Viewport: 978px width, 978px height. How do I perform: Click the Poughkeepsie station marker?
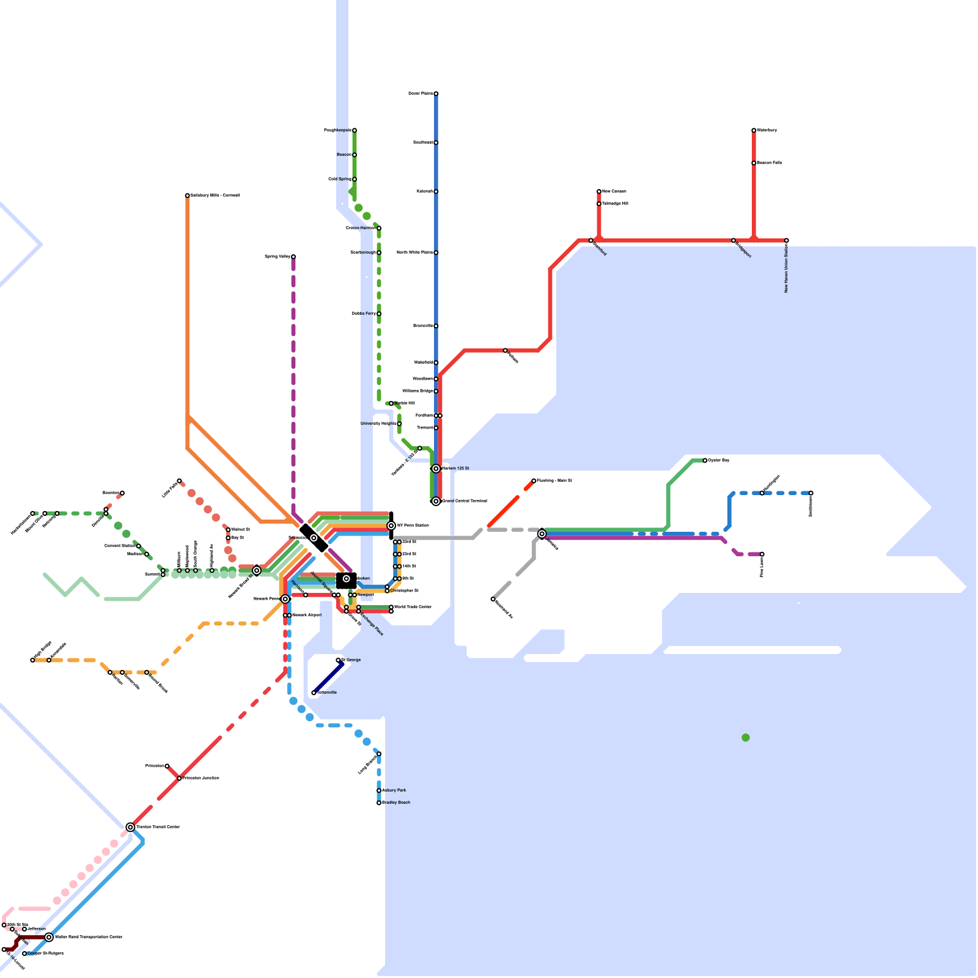[x=355, y=130]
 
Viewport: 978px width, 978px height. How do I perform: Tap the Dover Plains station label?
[x=420, y=94]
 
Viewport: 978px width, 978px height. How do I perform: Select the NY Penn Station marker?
[x=391, y=526]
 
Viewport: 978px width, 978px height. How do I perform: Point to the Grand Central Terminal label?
[x=465, y=501]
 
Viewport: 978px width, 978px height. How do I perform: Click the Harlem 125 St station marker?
[x=436, y=469]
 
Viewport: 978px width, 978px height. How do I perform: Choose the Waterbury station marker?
[x=754, y=130]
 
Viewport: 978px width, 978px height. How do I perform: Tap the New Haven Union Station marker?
[x=787, y=240]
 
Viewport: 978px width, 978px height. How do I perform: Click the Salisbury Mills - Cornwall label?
[x=215, y=196]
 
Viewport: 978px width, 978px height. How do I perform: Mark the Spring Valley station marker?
[x=293, y=257]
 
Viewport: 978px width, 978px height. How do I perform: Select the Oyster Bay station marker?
[x=705, y=460]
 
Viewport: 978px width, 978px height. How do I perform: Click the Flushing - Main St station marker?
[x=534, y=480]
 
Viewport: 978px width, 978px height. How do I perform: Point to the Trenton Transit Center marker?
[x=130, y=827]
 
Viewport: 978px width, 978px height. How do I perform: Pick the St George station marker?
[x=338, y=660]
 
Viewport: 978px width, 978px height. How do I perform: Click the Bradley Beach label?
[x=396, y=803]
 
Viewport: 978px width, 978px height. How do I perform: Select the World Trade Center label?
[x=413, y=607]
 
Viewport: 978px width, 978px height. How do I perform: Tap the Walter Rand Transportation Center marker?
[x=49, y=937]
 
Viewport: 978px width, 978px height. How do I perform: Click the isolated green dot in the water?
[x=746, y=738]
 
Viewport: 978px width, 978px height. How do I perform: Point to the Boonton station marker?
[x=122, y=493]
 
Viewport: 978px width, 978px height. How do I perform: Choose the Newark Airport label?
[x=306, y=615]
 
